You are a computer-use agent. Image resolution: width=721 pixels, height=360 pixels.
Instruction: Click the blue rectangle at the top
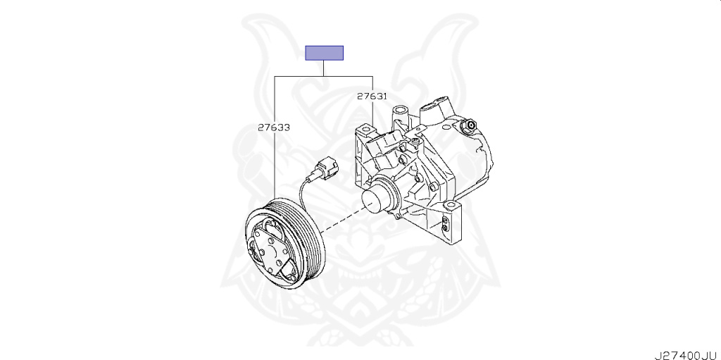324,53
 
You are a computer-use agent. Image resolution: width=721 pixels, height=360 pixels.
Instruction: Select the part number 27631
372,96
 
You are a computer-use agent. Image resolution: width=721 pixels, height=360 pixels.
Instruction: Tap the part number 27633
274,128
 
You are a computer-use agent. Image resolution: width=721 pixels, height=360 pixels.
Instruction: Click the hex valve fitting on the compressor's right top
467,126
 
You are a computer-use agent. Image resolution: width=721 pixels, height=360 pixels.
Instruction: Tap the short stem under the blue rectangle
324,67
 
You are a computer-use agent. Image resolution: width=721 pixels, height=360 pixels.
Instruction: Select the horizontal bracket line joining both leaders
322,74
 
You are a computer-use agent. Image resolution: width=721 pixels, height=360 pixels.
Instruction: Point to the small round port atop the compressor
401,111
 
